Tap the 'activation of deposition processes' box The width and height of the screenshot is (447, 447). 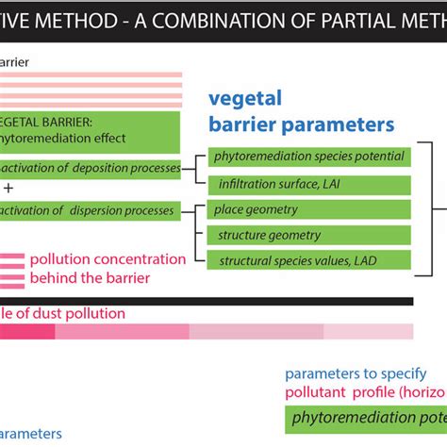click(90, 168)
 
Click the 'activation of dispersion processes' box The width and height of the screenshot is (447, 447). click(90, 209)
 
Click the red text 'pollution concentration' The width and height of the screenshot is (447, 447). click(108, 259)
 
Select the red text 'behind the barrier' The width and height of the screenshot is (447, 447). click(89, 277)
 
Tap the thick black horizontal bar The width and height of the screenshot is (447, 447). click(207, 301)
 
